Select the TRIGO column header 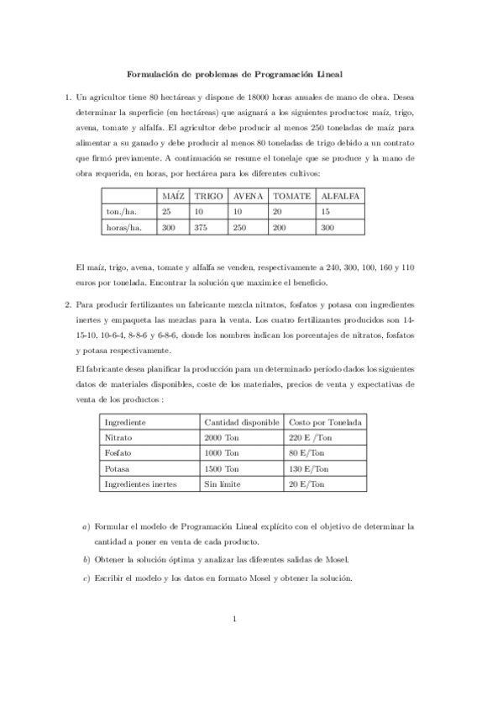(x=208, y=195)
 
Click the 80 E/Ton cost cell (x=307, y=453)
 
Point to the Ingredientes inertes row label (x=139, y=484)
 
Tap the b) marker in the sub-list (x=86, y=558)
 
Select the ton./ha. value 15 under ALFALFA (x=327, y=211)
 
